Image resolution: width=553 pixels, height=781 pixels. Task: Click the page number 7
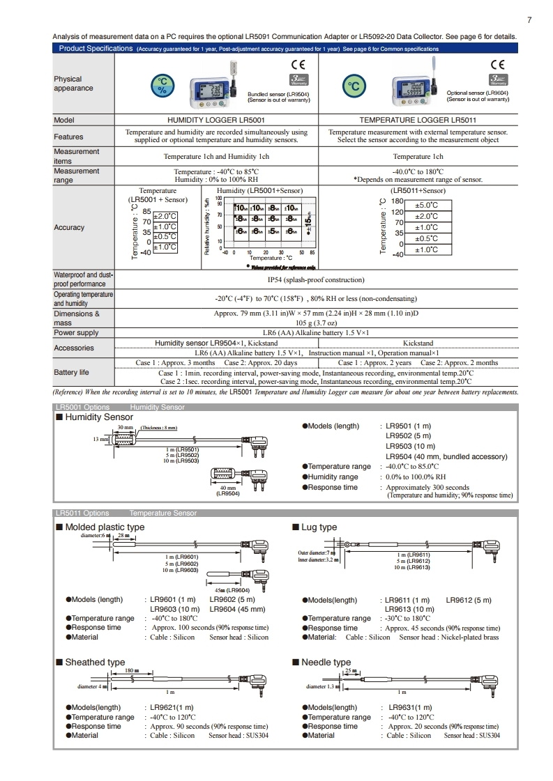[529, 20]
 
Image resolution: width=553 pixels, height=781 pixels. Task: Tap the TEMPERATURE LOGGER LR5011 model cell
[418, 120]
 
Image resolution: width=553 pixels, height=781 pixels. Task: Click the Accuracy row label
[69, 227]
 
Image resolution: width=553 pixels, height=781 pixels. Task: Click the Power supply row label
[76, 332]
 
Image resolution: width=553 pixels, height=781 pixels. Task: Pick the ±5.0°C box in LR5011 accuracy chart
[426, 205]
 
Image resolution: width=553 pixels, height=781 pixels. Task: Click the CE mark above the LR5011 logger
[498, 64]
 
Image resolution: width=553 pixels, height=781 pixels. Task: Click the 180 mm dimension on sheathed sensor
[130, 670]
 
